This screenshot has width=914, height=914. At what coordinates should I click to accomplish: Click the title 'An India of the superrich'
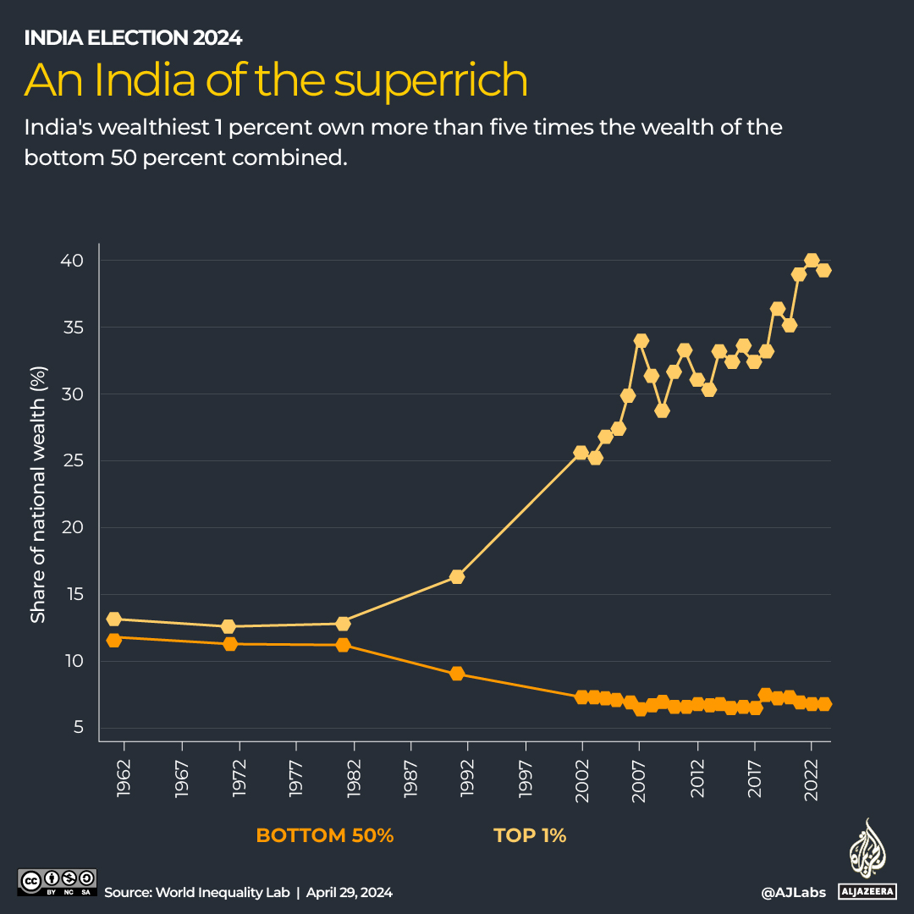(x=276, y=80)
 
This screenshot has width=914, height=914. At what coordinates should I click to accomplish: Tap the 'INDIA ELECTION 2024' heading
(x=133, y=38)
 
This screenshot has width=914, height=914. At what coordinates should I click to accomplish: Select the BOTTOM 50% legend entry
(x=325, y=836)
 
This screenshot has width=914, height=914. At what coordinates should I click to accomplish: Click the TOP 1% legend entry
(x=530, y=836)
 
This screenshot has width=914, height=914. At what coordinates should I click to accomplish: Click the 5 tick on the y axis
(x=77, y=728)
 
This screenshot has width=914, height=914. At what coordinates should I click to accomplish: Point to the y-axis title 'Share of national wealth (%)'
(x=38, y=494)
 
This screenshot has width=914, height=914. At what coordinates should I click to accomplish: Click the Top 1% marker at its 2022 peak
(x=812, y=261)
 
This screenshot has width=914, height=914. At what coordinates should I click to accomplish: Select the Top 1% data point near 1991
(x=457, y=577)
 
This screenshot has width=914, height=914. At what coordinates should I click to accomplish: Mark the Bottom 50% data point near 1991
(x=457, y=674)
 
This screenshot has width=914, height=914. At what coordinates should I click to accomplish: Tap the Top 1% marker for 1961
(x=114, y=619)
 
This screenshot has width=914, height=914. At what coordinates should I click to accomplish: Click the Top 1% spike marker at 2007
(x=641, y=341)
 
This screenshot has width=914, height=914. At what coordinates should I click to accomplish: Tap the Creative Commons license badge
(x=58, y=882)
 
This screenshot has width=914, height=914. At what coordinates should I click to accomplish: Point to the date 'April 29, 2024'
(x=350, y=892)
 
